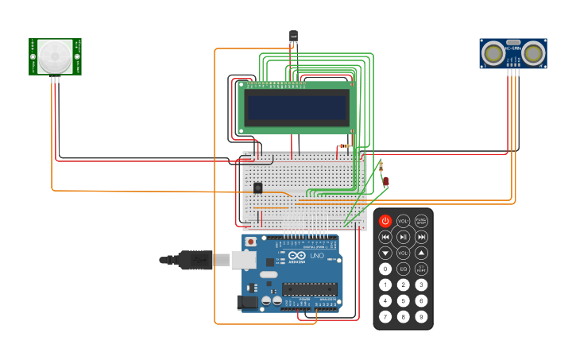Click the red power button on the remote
385,221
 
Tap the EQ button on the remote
403,269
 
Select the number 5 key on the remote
403,300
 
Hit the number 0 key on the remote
385,269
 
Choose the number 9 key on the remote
421,316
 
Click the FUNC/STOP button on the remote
421,221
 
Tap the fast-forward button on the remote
421,237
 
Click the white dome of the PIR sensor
55,56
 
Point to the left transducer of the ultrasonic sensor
494,53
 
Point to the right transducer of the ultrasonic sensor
533,53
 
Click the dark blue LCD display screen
296,107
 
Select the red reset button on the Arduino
251,241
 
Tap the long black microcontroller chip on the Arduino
309,289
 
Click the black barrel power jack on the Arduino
249,302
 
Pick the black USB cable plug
195,260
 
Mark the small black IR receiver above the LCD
293,37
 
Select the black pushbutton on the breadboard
258,188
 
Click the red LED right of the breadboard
385,181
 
